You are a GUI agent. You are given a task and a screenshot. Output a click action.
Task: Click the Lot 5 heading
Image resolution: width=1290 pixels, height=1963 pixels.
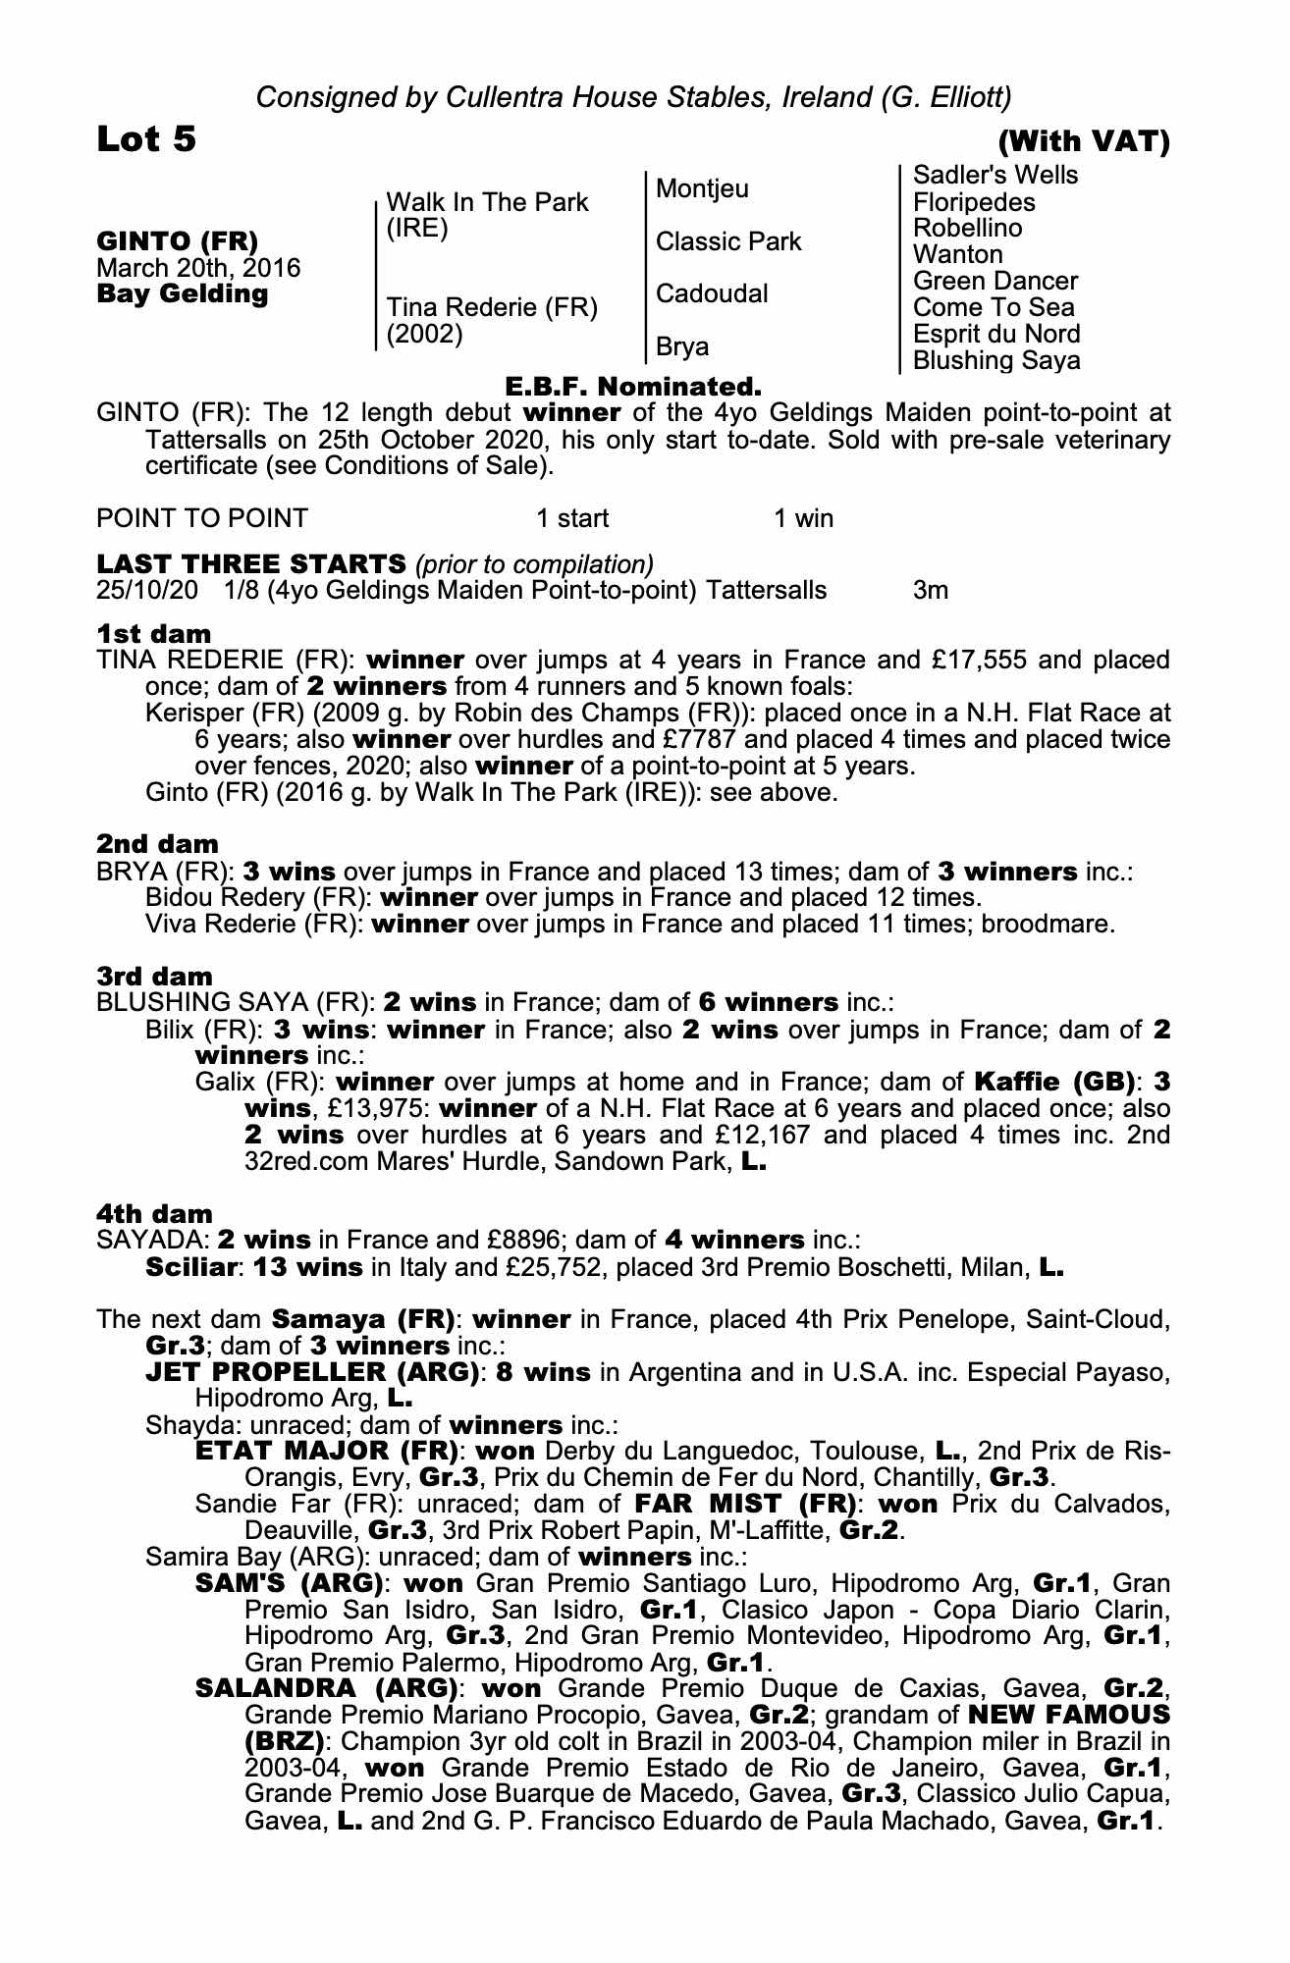[x=146, y=139]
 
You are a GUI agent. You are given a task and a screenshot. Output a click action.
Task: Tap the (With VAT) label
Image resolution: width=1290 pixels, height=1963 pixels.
[x=1083, y=142]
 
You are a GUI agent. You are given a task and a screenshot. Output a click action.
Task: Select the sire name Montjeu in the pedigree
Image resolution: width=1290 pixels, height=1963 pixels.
[x=702, y=188]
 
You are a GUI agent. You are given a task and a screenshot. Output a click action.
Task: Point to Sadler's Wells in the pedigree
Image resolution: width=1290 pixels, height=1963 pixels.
[x=995, y=176]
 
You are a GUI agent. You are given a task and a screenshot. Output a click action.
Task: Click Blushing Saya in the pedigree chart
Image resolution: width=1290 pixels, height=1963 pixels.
[x=995, y=360]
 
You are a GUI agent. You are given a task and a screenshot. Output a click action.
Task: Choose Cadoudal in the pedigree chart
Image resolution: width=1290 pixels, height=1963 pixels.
[x=712, y=293]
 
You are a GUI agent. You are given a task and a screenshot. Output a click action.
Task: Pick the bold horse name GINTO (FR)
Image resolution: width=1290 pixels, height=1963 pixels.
[x=178, y=241]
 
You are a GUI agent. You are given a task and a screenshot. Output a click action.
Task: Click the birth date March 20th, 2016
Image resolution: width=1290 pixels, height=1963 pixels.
[x=198, y=268]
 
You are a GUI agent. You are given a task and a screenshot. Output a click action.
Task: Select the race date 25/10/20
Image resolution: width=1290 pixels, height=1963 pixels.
[x=146, y=591]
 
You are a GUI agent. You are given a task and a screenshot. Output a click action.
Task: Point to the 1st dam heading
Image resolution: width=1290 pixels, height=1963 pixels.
[x=153, y=633]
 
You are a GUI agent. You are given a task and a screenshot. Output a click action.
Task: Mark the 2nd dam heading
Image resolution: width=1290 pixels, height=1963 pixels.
[x=157, y=844]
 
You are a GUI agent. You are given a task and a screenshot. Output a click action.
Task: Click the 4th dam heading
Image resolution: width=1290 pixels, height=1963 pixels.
[x=155, y=1214]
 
